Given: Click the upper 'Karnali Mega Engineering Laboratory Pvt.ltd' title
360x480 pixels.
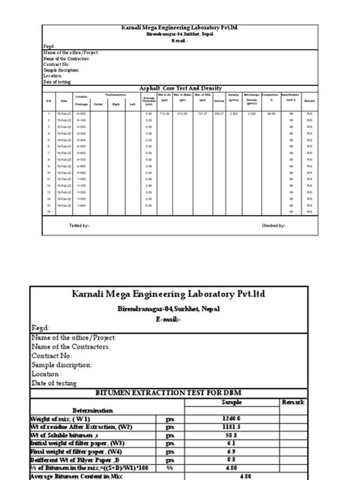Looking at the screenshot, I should pos(179,27).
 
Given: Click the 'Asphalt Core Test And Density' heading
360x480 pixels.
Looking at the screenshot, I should pos(179,88).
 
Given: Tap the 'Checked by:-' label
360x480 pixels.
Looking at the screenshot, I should pos(273,226).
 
